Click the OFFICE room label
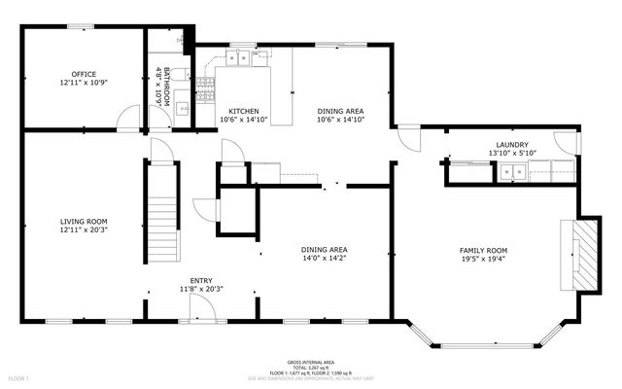(83, 74)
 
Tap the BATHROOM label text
(166, 86)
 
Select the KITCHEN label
(242, 111)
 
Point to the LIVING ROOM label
(83, 222)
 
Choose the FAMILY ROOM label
(483, 251)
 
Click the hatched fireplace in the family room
(580, 256)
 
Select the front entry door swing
(202, 308)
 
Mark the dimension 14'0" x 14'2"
(325, 260)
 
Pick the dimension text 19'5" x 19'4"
(483, 260)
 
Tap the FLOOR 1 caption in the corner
(18, 377)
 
